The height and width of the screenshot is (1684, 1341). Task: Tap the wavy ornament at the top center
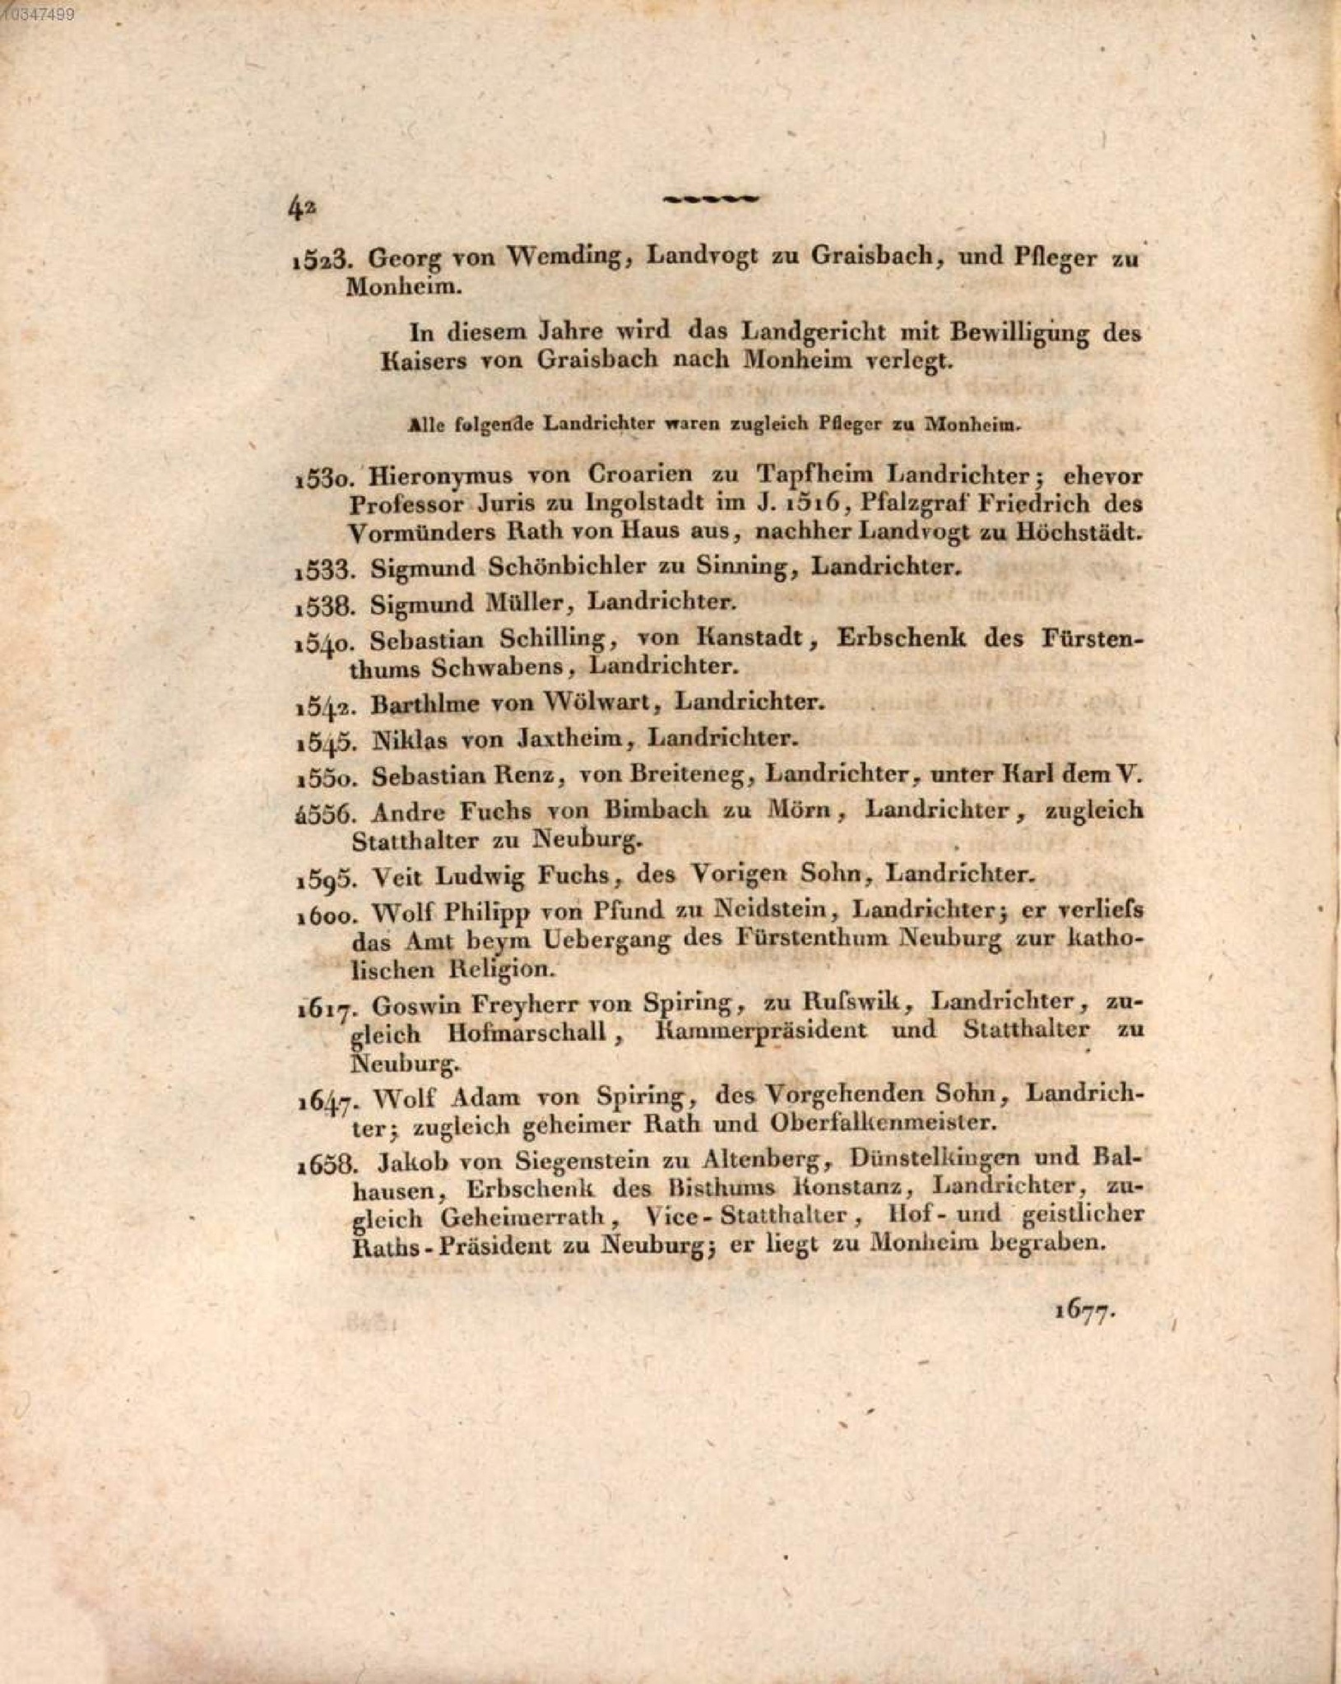711,198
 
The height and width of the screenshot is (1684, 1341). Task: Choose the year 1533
324,568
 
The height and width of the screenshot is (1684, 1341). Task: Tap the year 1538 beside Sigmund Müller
324,605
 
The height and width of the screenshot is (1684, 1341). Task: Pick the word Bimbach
655,810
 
